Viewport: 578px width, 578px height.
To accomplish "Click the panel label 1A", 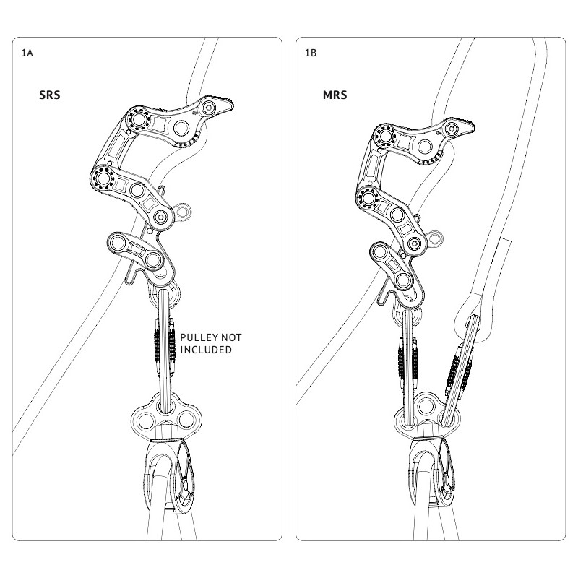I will tap(27, 53).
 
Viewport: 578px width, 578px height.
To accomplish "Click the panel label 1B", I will tap(311, 53).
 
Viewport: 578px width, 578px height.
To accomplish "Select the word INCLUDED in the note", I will tap(206, 350).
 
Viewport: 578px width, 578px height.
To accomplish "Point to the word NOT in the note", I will tap(233, 337).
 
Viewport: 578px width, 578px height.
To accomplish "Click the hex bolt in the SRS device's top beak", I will tap(209, 108).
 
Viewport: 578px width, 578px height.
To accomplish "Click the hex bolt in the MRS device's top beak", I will tap(452, 129).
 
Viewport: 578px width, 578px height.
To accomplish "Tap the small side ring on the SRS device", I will tap(187, 211).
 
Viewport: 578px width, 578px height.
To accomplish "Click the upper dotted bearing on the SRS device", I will tap(136, 120).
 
